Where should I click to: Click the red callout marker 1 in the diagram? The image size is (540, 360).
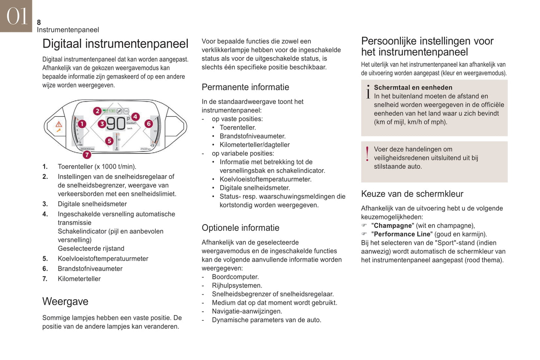(x=82, y=124)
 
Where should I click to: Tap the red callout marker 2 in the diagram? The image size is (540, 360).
(x=97, y=111)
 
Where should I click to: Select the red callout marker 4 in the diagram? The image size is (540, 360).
(x=135, y=117)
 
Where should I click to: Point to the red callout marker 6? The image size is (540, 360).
(x=149, y=124)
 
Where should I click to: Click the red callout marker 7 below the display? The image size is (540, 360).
(x=87, y=154)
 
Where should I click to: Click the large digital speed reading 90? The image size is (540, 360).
(x=116, y=124)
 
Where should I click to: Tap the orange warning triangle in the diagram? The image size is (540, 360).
(x=59, y=124)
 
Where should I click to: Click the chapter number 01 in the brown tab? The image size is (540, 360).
(x=17, y=16)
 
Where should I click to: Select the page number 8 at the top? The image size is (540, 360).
(x=39, y=22)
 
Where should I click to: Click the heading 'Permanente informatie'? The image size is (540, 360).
(x=245, y=87)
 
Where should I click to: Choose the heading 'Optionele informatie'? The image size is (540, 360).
(x=240, y=228)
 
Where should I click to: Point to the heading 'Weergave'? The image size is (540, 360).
(x=65, y=301)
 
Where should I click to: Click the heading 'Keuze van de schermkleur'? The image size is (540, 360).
(x=412, y=194)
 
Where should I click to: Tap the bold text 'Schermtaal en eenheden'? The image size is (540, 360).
(x=413, y=88)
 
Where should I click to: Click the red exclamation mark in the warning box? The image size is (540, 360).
(x=367, y=154)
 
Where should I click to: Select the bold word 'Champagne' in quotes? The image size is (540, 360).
(x=392, y=226)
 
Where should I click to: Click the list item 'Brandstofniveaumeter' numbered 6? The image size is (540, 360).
(x=90, y=269)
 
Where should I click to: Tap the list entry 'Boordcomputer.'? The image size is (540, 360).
(x=235, y=277)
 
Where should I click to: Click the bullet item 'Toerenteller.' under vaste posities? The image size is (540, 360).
(x=238, y=128)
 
